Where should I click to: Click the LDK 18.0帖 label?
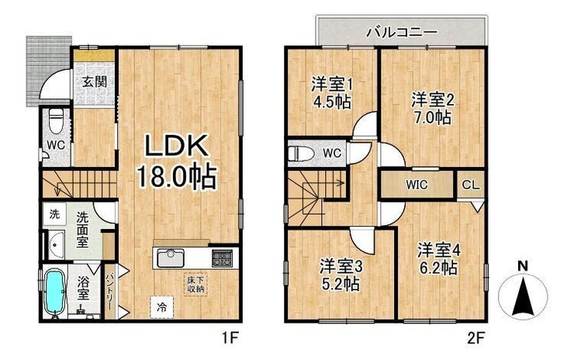(177, 161)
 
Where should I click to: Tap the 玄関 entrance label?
(94, 81)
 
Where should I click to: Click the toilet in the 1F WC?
(56, 121)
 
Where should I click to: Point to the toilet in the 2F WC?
(301, 154)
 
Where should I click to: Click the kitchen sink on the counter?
(171, 258)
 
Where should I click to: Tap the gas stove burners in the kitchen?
(222, 258)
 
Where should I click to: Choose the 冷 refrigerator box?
(161, 307)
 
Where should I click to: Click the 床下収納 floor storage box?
(195, 285)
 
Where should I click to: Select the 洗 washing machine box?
(54, 214)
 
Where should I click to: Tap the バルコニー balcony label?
(403, 32)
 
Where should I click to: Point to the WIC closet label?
(417, 185)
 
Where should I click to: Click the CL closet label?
(470, 185)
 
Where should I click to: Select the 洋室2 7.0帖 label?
(432, 109)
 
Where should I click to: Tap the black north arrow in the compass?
(524, 296)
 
